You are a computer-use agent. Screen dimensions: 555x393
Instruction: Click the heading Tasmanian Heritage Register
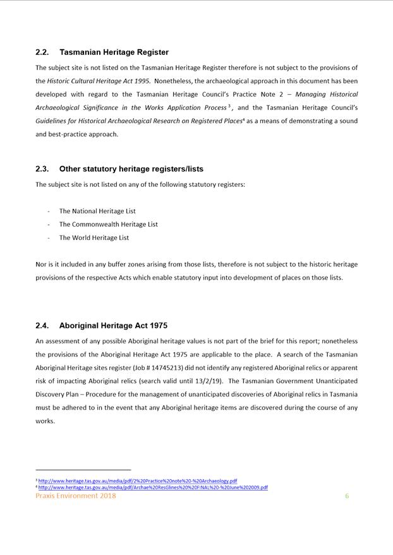click(114, 52)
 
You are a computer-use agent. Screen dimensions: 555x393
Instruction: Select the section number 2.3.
click(42, 169)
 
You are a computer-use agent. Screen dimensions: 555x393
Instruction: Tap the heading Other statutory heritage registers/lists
click(131, 169)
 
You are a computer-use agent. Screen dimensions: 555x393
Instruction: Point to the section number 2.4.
click(42, 326)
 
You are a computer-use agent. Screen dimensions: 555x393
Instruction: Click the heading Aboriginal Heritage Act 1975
click(113, 326)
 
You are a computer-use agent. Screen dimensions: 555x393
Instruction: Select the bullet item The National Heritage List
click(97, 211)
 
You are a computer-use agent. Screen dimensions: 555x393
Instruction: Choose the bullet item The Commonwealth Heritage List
click(108, 224)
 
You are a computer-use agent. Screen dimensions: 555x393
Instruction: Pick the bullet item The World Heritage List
click(94, 238)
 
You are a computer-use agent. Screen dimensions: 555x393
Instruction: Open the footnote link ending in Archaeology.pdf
click(138, 480)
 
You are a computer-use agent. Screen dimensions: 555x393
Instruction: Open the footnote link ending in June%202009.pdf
click(153, 487)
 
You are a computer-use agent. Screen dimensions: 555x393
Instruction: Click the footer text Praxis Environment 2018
click(76, 496)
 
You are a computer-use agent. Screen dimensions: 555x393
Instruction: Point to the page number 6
click(347, 496)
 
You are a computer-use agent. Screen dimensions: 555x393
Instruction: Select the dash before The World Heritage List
click(49, 238)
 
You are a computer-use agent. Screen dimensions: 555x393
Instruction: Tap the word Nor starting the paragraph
click(41, 265)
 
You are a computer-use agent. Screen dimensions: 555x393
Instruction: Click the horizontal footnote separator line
click(83, 470)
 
